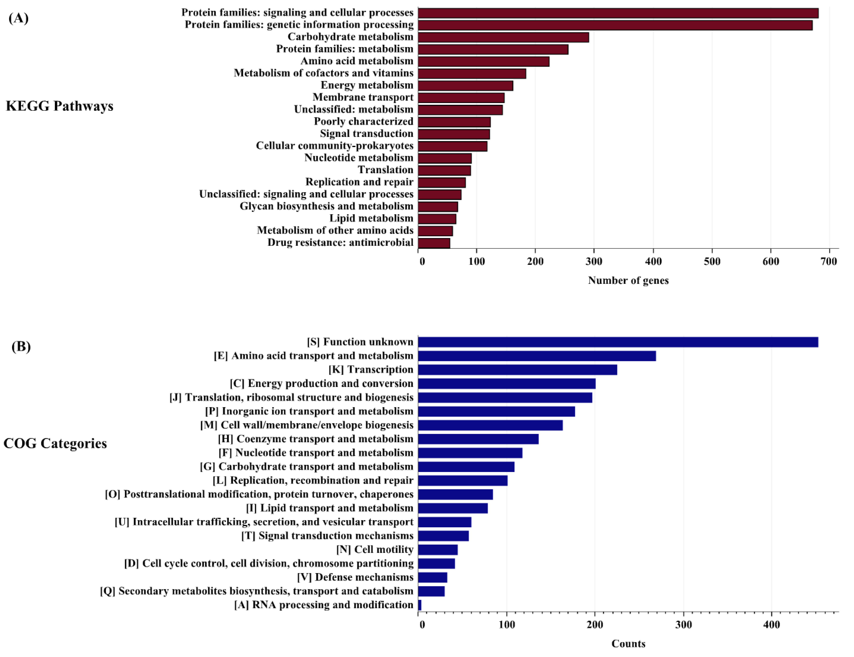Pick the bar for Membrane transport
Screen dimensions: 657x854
pos(461,98)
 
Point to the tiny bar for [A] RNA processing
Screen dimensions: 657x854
pos(420,605)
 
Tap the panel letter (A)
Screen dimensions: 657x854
pos(18,18)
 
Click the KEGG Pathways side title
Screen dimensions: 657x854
pos(59,106)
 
